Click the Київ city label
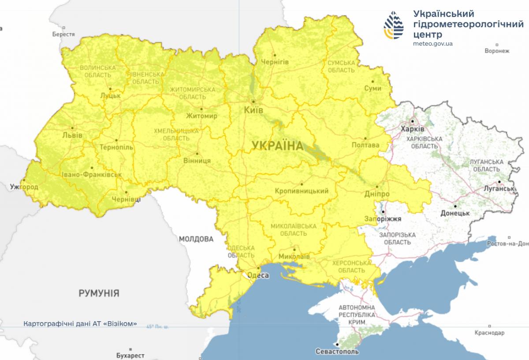click(253, 110)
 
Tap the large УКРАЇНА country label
click(278, 145)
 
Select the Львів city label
click(72, 135)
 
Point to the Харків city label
click(413, 129)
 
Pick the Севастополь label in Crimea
click(337, 352)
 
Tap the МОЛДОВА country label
click(196, 239)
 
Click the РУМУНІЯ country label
click(99, 293)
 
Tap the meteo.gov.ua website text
click(433, 44)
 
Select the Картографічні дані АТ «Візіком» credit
click(80, 323)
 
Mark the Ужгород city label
click(24, 187)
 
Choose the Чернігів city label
click(275, 62)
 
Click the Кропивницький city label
click(302, 191)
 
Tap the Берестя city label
click(63, 34)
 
